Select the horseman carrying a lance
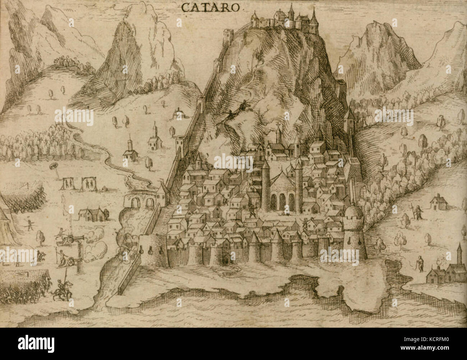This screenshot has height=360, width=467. point(61,289)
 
